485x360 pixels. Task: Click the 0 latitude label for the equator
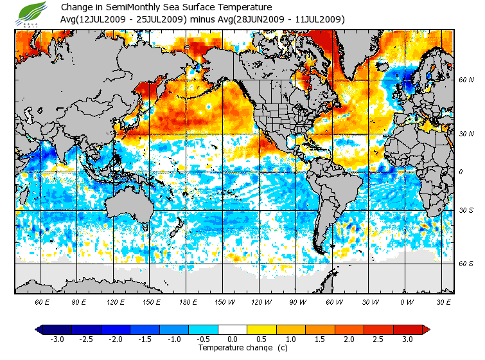460,172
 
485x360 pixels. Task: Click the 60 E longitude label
42,302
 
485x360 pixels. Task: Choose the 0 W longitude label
406,302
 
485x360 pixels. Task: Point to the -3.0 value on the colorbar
57,339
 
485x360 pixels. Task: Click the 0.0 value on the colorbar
232,339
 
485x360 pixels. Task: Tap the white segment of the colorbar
232,330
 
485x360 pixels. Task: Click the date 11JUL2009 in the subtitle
319,19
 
